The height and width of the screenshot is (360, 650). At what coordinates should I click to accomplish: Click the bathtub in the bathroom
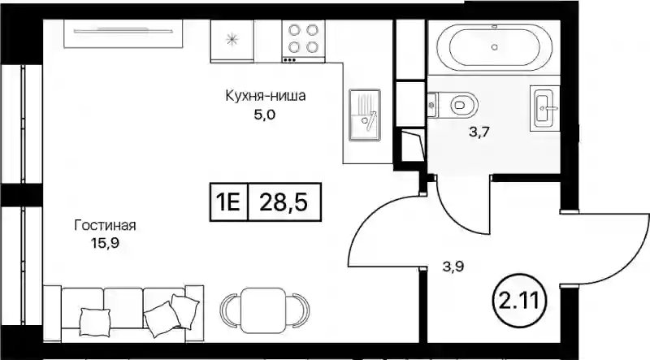[x=494, y=47]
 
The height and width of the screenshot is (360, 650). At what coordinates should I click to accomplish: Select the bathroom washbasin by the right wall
[x=544, y=108]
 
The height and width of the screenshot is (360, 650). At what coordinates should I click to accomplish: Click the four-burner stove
[x=303, y=41]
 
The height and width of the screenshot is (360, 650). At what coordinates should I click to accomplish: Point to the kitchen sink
[x=364, y=115]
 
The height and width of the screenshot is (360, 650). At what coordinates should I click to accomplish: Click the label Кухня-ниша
[x=266, y=96]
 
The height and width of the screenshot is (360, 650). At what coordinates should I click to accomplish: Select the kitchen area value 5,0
[x=265, y=115]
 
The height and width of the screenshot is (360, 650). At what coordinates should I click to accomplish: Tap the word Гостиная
[x=106, y=226]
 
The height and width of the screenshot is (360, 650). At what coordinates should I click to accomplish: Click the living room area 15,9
[x=105, y=243]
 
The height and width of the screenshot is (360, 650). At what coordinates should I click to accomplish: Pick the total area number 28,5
[x=284, y=202]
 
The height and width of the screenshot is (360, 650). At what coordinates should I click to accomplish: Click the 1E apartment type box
[x=229, y=202]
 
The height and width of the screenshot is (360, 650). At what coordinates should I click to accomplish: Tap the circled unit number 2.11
[x=520, y=299]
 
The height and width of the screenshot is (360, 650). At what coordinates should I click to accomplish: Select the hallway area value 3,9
[x=453, y=267]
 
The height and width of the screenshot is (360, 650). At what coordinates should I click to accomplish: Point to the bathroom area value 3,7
[x=479, y=132]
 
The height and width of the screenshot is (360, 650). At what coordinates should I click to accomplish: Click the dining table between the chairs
[x=265, y=310]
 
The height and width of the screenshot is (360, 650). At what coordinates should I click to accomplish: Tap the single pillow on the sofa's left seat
[x=95, y=323]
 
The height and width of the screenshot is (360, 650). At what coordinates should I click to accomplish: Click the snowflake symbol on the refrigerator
[x=232, y=40]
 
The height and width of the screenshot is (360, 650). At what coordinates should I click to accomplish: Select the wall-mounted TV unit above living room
[x=123, y=33]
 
